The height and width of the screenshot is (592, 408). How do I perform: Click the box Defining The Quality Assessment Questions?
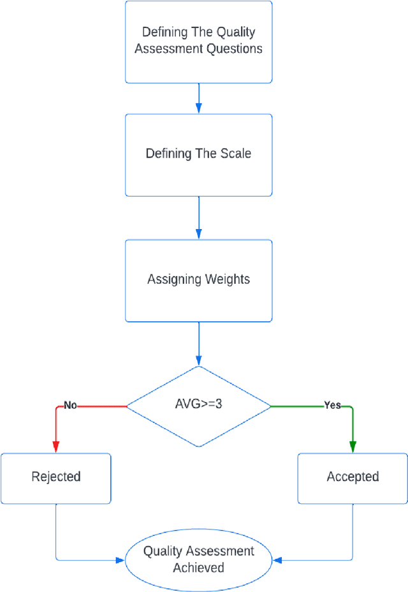click(198, 41)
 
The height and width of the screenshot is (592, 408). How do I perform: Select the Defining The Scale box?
click(198, 154)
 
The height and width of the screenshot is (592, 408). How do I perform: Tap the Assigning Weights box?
click(198, 279)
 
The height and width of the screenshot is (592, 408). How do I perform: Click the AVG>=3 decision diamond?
click(198, 405)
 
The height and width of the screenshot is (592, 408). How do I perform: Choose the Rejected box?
click(56, 477)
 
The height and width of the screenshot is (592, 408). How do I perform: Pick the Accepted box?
click(353, 477)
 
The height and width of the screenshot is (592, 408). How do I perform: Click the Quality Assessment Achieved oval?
click(198, 559)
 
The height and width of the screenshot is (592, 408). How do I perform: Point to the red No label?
click(70, 406)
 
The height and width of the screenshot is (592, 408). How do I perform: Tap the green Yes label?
click(332, 406)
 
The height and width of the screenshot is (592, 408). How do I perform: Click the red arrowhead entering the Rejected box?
click(56, 448)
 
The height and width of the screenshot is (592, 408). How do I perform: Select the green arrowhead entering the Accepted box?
click(353, 448)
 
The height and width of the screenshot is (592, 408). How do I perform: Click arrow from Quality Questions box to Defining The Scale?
click(198, 98)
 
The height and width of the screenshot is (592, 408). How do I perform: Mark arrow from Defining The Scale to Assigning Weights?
click(198, 217)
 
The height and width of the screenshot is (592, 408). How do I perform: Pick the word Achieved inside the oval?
click(198, 567)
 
